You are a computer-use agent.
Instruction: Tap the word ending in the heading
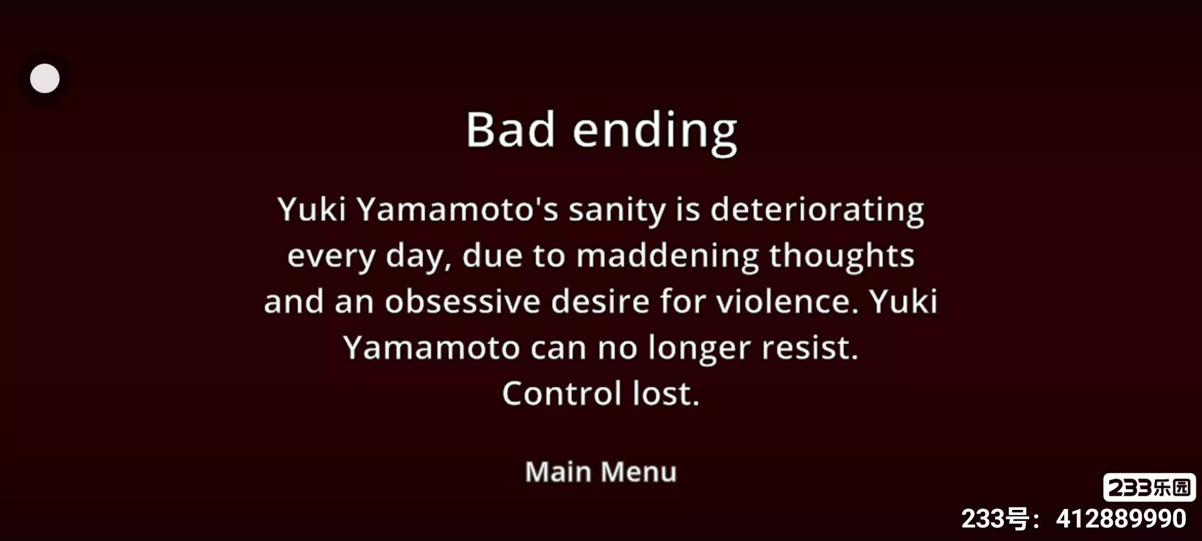tap(655, 133)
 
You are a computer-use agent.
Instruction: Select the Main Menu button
tap(601, 472)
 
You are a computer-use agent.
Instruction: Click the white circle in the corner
tap(45, 78)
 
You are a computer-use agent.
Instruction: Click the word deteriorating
tap(817, 210)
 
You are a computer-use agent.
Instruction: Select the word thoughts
tap(842, 255)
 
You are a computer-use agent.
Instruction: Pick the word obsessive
tap(463, 302)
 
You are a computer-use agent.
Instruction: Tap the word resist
tap(810, 348)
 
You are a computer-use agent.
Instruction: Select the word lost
tap(666, 393)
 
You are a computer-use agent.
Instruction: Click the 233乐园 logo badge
tap(1149, 487)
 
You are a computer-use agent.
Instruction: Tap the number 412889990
tap(1121, 519)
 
